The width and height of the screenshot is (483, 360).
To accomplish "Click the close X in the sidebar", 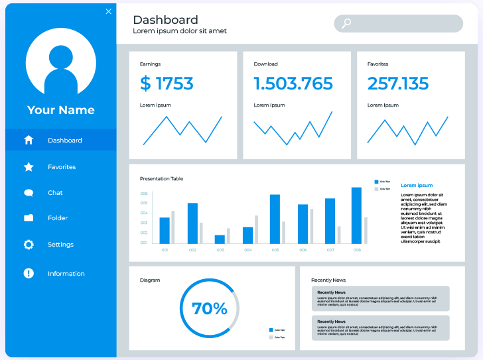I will coord(109,11).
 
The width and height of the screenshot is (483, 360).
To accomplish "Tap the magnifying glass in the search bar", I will coord(346,24).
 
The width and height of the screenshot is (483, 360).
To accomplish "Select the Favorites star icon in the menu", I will coord(29,167).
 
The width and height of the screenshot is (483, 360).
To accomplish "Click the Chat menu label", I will coord(55,193).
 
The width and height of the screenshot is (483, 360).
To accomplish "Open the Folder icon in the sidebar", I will coord(29,217).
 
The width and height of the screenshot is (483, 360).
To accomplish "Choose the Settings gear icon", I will coord(29,245).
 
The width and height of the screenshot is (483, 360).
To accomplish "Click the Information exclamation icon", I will coord(29,273).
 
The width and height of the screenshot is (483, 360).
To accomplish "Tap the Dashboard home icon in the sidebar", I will coord(29,140).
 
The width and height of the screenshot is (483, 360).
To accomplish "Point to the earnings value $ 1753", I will coord(167,84).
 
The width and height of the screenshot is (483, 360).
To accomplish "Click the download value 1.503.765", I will coord(293,84).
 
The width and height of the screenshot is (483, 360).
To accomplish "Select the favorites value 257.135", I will coord(398,84).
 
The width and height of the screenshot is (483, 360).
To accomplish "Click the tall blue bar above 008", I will coord(356,215).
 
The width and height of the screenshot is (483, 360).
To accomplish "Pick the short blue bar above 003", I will coord(220,239).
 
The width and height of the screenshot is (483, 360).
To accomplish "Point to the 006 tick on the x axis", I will coord(303,250).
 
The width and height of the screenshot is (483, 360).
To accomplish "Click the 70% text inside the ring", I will coord(209,308).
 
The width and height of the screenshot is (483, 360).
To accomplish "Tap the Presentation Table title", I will coord(161,178).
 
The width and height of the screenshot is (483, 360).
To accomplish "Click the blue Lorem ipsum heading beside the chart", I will coord(417,186).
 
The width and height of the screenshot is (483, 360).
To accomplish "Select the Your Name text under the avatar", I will coord(61,110).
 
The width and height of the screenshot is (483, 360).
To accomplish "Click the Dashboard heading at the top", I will coord(165,20).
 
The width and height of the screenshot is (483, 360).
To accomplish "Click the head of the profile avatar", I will coord(61,57).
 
